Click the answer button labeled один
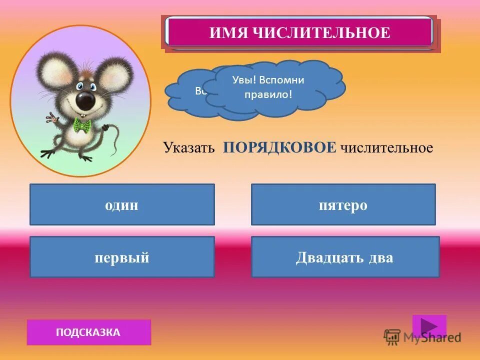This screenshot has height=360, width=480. (122, 204)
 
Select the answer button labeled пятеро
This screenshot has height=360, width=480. (343, 204)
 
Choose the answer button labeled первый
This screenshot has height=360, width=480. (122, 257)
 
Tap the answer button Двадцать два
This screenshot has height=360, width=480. (345, 257)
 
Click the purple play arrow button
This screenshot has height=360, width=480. (429, 326)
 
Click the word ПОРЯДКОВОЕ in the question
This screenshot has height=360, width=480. (279, 147)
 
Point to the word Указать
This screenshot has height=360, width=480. (188, 148)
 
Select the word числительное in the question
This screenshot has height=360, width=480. (386, 148)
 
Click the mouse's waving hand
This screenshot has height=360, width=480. (52, 118)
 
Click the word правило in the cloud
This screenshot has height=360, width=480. (268, 94)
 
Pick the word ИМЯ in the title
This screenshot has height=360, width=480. (226, 33)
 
